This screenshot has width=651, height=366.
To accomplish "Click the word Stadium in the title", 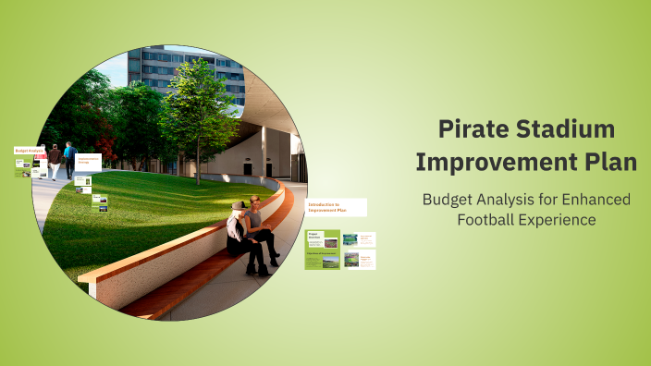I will (x=565, y=129).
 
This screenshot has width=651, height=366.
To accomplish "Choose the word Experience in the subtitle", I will (x=560, y=220).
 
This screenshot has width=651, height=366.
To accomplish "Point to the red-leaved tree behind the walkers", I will (x=106, y=143).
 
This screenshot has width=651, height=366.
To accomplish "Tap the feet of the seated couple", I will (x=259, y=269).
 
